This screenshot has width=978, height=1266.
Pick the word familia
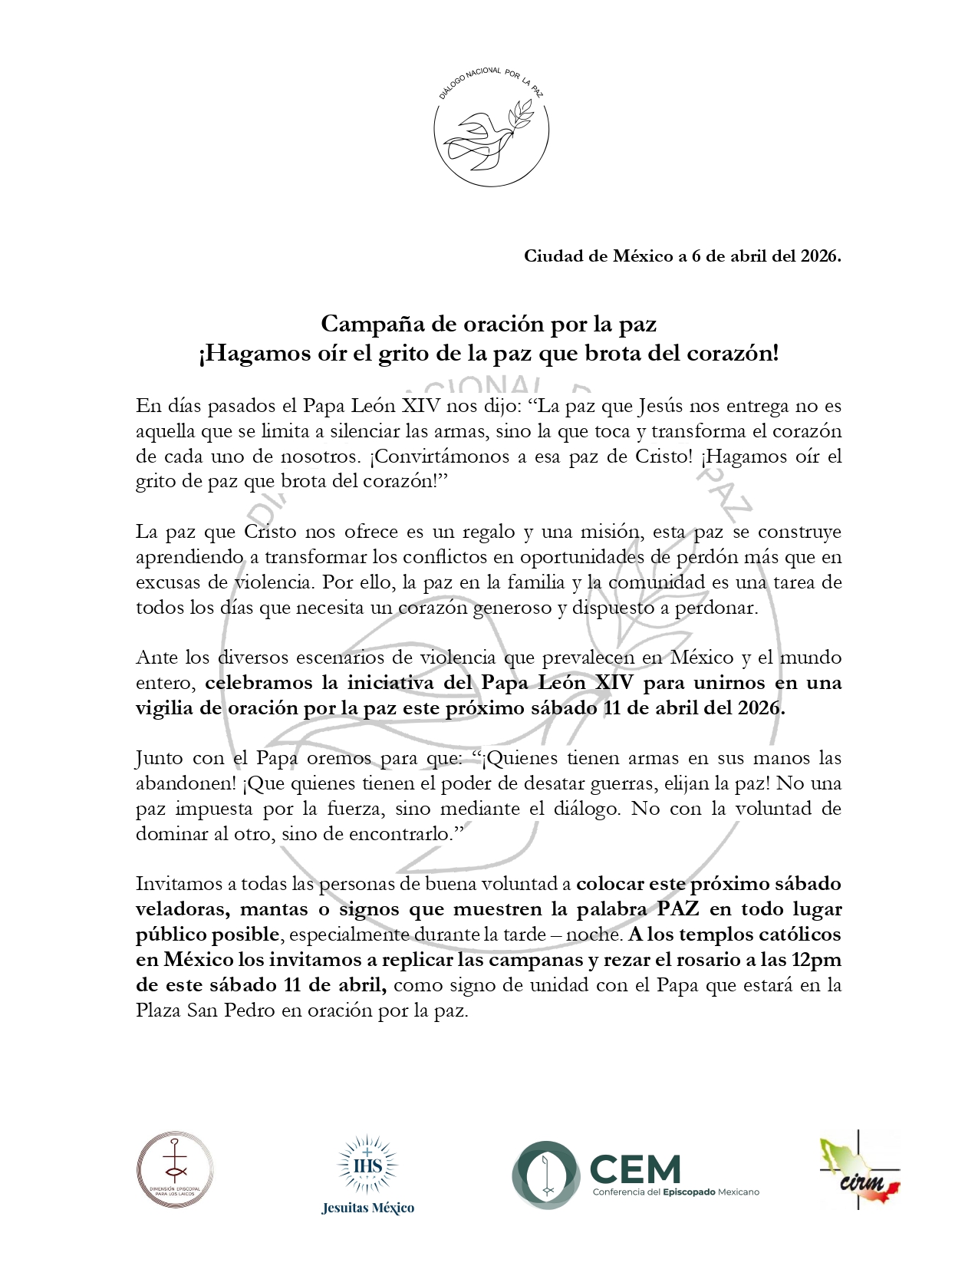pyautogui.click(x=534, y=582)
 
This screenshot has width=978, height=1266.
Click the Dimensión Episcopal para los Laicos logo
pyautogui.click(x=176, y=1172)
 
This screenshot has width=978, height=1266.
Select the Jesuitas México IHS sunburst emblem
pyautogui.click(x=367, y=1165)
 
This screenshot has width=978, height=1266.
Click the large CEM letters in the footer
pyautogui.click(x=636, y=1169)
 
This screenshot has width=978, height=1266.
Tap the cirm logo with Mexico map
pyautogui.click(x=859, y=1170)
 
